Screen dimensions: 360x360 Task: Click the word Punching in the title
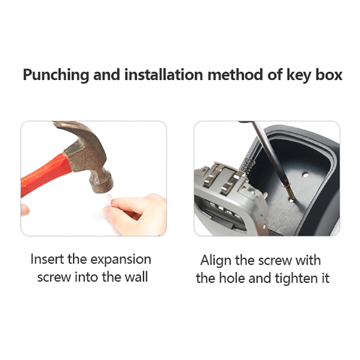pos(56,75)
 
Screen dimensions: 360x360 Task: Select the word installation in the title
pos(163,74)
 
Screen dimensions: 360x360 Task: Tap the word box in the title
pos(329,74)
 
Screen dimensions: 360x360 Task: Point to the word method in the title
pos(235,74)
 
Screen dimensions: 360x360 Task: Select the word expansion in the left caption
pos(121,260)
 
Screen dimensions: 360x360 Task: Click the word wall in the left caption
pos(136,277)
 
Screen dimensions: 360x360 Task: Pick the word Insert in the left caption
pos(47,259)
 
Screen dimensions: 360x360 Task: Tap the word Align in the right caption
pos(216,261)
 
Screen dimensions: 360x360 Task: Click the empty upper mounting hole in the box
pos(305,175)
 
